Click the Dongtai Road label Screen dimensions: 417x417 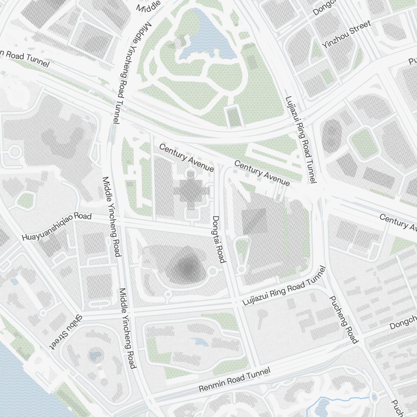pos(219,239)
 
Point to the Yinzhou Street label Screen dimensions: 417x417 pos(347,34)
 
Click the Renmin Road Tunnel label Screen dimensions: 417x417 pos(234,379)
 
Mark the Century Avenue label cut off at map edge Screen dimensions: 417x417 pos(398,222)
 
